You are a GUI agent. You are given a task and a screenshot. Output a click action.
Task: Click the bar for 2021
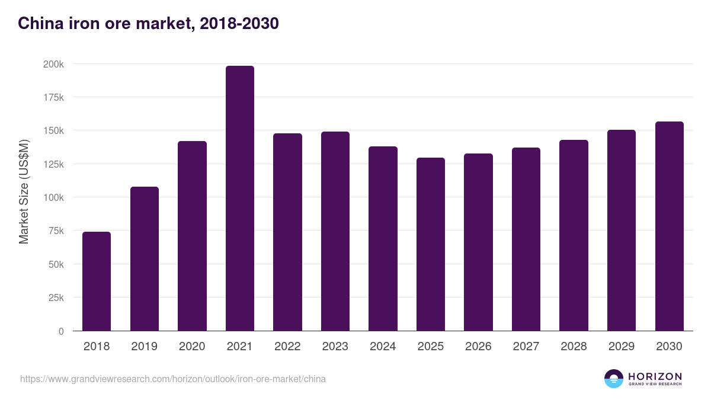239,199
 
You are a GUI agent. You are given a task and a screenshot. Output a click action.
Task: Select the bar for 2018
97,281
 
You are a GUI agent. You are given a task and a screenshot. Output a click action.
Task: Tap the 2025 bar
430,244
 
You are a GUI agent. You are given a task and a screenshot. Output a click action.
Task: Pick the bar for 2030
669,226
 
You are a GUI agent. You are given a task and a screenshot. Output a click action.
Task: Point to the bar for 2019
145,259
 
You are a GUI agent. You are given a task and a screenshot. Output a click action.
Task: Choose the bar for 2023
335,231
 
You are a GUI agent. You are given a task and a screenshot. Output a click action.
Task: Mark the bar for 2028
574,235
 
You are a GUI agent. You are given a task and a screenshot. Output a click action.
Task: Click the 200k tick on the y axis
53,64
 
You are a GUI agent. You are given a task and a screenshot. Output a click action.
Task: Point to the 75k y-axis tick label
55,231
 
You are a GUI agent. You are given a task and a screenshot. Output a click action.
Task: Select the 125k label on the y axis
53,164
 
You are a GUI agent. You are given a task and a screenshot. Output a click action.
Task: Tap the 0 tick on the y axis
61,331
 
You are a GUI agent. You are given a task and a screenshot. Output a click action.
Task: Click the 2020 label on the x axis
192,347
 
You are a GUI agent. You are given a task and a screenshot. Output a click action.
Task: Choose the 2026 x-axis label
478,347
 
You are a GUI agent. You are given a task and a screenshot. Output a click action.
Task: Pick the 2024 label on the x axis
383,347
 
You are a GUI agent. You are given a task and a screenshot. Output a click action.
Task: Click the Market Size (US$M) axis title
24,191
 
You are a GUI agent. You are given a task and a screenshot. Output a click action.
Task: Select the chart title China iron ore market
148,24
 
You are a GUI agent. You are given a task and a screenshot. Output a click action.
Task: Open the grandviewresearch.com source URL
173,379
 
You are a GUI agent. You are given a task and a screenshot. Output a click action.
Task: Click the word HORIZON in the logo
655,376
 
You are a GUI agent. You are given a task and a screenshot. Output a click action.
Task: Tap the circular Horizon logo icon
614,379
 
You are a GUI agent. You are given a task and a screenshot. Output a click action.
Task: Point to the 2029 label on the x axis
622,347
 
